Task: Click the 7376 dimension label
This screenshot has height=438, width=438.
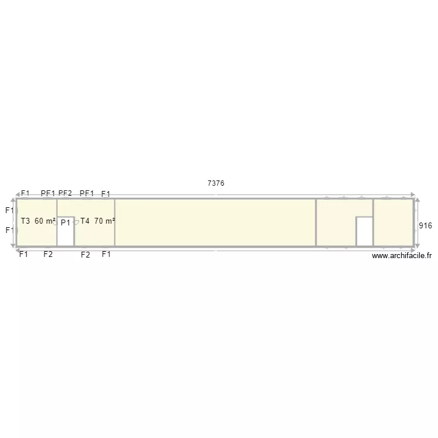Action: [x=216, y=183]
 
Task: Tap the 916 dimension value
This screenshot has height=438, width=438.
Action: [x=426, y=225]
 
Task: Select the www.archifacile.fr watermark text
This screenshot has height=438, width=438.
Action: [x=402, y=255]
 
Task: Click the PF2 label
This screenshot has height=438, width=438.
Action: [x=65, y=193]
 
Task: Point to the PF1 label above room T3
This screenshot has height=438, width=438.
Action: [x=48, y=193]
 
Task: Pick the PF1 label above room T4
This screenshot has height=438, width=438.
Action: [x=87, y=193]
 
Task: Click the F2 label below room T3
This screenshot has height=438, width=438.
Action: [x=48, y=254]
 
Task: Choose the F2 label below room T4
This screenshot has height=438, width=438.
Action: [x=85, y=255]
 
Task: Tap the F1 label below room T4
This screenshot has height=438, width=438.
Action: [x=106, y=254]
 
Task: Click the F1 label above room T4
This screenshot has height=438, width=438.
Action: [x=106, y=194]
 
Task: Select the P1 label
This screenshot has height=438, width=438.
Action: [x=65, y=223]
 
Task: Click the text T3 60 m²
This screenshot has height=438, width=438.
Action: [x=38, y=221]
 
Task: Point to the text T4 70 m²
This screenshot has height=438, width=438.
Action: [x=98, y=221]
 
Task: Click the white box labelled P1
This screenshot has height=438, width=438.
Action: [x=65, y=235]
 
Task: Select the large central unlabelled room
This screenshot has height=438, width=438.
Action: [x=215, y=223]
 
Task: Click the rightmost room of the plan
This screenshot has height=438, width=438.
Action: [x=392, y=223]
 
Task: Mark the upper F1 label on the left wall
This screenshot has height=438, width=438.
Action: [x=9, y=210]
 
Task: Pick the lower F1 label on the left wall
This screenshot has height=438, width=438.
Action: [x=9, y=230]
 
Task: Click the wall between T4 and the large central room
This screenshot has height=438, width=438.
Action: [x=114, y=223]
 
